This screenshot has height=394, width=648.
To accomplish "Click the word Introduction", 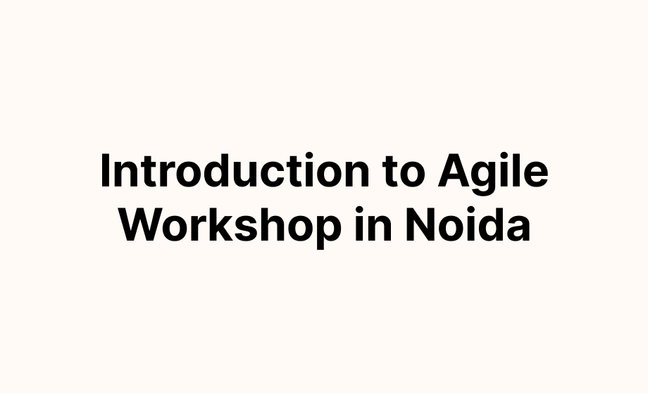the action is [x=235, y=170].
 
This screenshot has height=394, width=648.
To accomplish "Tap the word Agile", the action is [x=493, y=174].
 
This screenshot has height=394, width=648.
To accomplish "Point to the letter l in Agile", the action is [x=516, y=170].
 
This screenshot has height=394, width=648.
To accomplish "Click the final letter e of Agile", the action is [x=536, y=175].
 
